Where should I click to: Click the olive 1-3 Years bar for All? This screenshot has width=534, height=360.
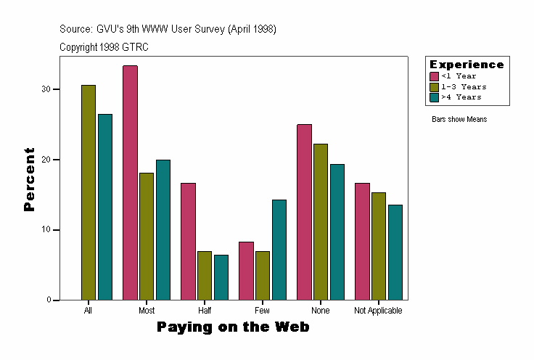tap(89, 192)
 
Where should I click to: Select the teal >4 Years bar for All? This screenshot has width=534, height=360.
tap(105, 207)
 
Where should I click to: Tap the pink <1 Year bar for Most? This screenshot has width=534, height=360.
tap(130, 183)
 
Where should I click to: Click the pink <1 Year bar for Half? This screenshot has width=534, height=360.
tap(188, 242)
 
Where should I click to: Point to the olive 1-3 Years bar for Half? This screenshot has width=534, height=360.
tap(205, 276)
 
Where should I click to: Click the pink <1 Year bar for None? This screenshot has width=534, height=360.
tap(304, 212)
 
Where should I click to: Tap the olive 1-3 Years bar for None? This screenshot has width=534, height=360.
tap(321, 222)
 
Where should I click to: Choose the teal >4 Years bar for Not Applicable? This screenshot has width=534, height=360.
tap(395, 253)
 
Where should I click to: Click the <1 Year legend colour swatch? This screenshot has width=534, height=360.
tap(435, 76)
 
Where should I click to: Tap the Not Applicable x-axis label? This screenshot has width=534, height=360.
tap(378, 311)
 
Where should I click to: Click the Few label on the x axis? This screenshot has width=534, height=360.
tap(263, 311)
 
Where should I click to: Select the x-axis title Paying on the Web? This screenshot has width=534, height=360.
tap(233, 327)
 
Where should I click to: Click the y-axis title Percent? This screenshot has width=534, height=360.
tap(30, 179)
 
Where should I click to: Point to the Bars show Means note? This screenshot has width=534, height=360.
tap(459, 120)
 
